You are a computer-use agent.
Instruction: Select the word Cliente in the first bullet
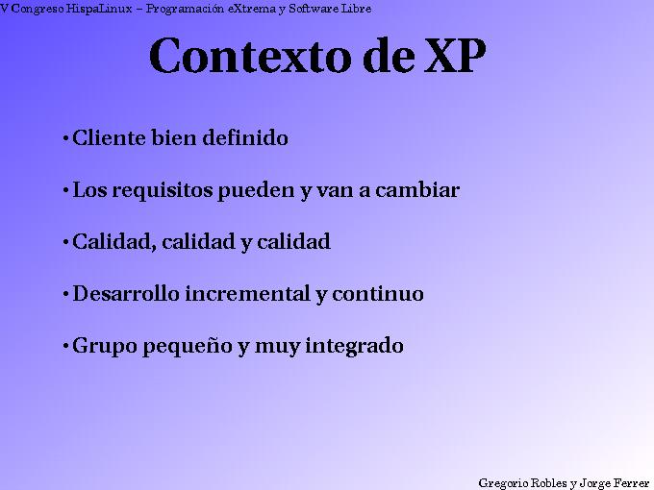[x=108, y=138]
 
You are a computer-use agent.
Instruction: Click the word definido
[x=245, y=138]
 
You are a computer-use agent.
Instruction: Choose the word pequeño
[x=188, y=347]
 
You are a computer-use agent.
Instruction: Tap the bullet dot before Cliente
[x=64, y=139]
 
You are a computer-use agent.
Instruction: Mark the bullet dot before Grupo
[x=64, y=347]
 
